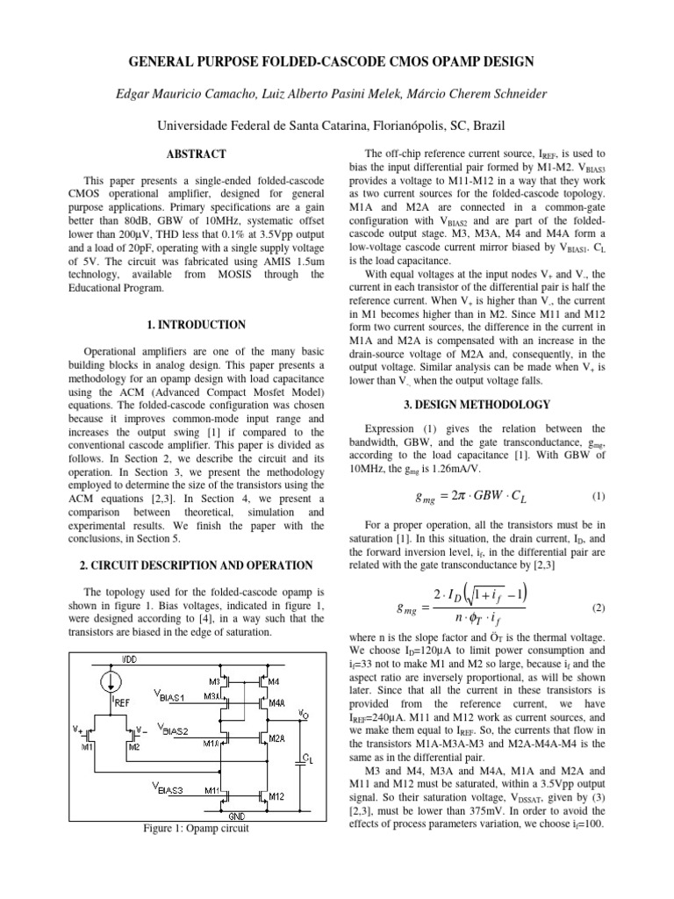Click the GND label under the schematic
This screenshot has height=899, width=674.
click(236, 816)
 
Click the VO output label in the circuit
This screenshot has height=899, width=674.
click(303, 713)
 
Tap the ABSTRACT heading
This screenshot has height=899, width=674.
click(188, 154)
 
